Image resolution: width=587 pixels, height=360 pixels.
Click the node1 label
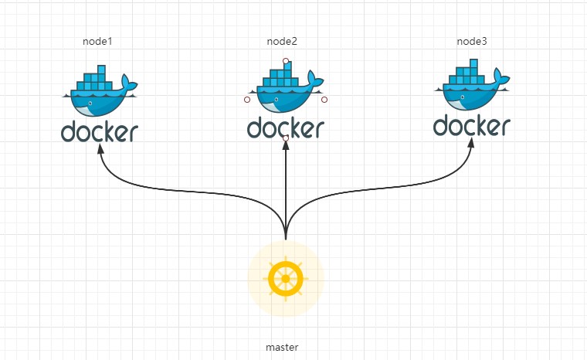click(97, 41)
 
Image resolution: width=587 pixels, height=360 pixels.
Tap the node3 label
click(471, 41)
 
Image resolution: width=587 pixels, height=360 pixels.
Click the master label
click(282, 348)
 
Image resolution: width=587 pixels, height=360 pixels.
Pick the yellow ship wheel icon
click(286, 278)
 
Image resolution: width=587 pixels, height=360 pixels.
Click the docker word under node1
click(100, 132)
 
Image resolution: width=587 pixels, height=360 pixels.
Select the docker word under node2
click(286, 127)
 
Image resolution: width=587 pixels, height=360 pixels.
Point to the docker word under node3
click(472, 125)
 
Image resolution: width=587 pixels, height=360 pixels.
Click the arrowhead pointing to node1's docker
click(100, 150)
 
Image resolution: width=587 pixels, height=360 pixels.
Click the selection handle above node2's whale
click(286, 60)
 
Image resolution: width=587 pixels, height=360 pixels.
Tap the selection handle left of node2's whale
click(246, 100)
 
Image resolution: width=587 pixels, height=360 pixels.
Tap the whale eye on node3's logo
click(462, 97)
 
